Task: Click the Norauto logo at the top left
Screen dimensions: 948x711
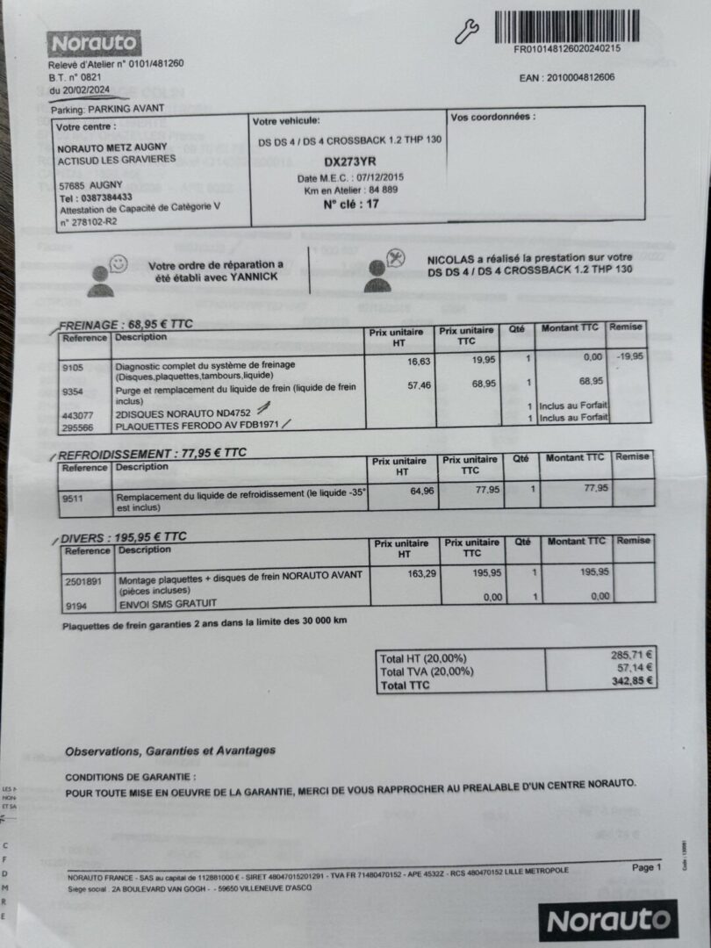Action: coord(94,43)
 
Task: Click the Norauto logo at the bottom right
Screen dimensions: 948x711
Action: coord(610,921)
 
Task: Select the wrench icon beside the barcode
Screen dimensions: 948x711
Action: coord(467,32)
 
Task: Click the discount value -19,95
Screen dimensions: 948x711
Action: coord(628,356)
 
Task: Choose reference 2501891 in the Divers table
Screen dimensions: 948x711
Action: coord(83,580)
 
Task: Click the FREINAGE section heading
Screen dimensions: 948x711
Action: coord(126,325)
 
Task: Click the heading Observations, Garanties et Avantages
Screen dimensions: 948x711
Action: coord(170,750)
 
